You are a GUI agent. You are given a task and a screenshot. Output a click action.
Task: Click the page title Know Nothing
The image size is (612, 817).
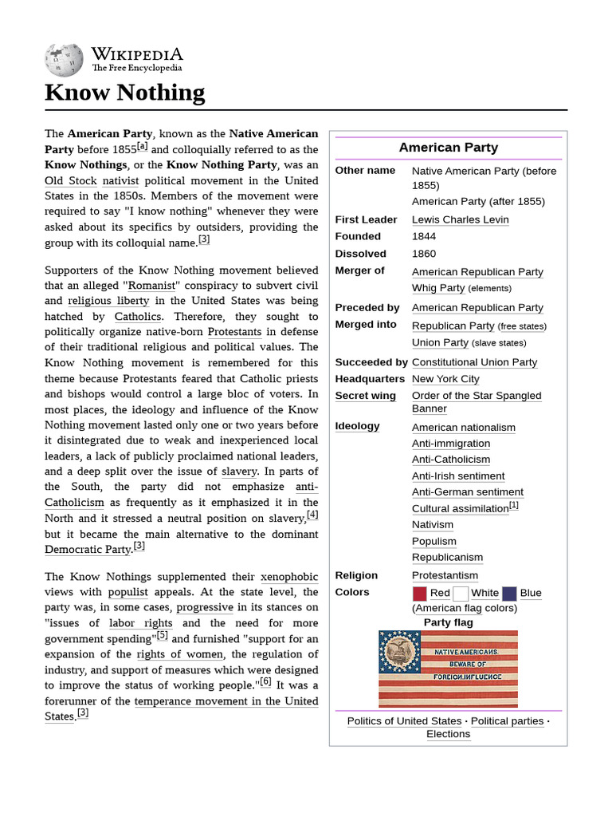click(x=124, y=93)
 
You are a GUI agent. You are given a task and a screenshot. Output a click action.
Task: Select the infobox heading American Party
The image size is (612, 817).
click(x=448, y=148)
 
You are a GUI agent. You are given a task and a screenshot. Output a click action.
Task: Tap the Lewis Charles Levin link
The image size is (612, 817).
click(x=460, y=219)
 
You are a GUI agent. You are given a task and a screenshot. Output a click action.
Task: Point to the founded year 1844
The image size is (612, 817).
click(x=424, y=236)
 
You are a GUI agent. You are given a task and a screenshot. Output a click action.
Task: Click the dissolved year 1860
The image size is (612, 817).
click(x=424, y=254)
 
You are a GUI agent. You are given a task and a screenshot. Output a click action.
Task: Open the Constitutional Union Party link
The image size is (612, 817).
click(x=474, y=362)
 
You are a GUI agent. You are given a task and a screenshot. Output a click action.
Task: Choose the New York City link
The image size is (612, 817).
click(x=445, y=379)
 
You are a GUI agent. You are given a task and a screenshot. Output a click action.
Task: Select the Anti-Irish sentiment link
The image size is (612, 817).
click(x=458, y=476)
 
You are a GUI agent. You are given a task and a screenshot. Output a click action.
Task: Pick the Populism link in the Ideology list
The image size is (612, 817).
click(x=434, y=541)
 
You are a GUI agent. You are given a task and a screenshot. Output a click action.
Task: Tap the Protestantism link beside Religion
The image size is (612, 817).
click(x=445, y=575)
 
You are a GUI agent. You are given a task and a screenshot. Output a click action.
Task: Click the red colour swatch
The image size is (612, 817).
click(x=420, y=593)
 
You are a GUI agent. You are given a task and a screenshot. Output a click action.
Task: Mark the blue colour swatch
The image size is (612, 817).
click(x=509, y=593)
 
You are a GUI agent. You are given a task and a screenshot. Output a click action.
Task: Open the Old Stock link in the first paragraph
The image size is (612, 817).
click(x=71, y=181)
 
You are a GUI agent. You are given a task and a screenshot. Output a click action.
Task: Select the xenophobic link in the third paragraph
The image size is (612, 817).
click(x=289, y=577)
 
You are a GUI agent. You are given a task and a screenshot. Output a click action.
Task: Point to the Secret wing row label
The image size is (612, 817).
click(x=365, y=396)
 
